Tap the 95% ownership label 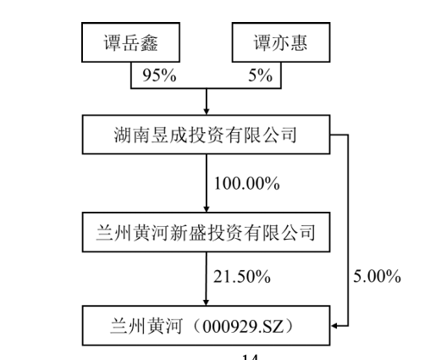coord(159,75)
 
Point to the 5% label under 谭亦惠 coord(260,75)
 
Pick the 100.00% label coord(247,183)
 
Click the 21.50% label coord(242,276)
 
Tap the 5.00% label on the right coord(377,276)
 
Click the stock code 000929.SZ coord(243,326)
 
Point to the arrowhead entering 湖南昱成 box coord(207,111)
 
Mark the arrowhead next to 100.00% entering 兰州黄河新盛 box coord(207,208)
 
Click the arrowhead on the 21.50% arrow coord(207,302)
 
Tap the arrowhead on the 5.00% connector coord(334,326)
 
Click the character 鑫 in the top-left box coord(149,42)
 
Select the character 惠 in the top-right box coord(299,42)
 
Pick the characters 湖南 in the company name coord(132,135)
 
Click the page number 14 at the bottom coord(250,357)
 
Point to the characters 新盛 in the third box coord(188,233)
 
